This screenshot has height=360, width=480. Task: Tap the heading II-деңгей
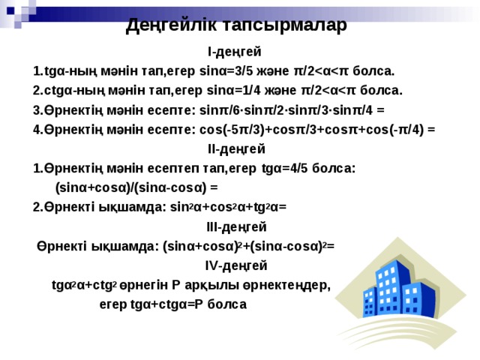pyautogui.click(x=236, y=148)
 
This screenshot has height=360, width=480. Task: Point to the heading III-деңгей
pyautogui.click(x=236, y=226)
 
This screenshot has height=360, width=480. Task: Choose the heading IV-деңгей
pyautogui.click(x=236, y=265)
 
